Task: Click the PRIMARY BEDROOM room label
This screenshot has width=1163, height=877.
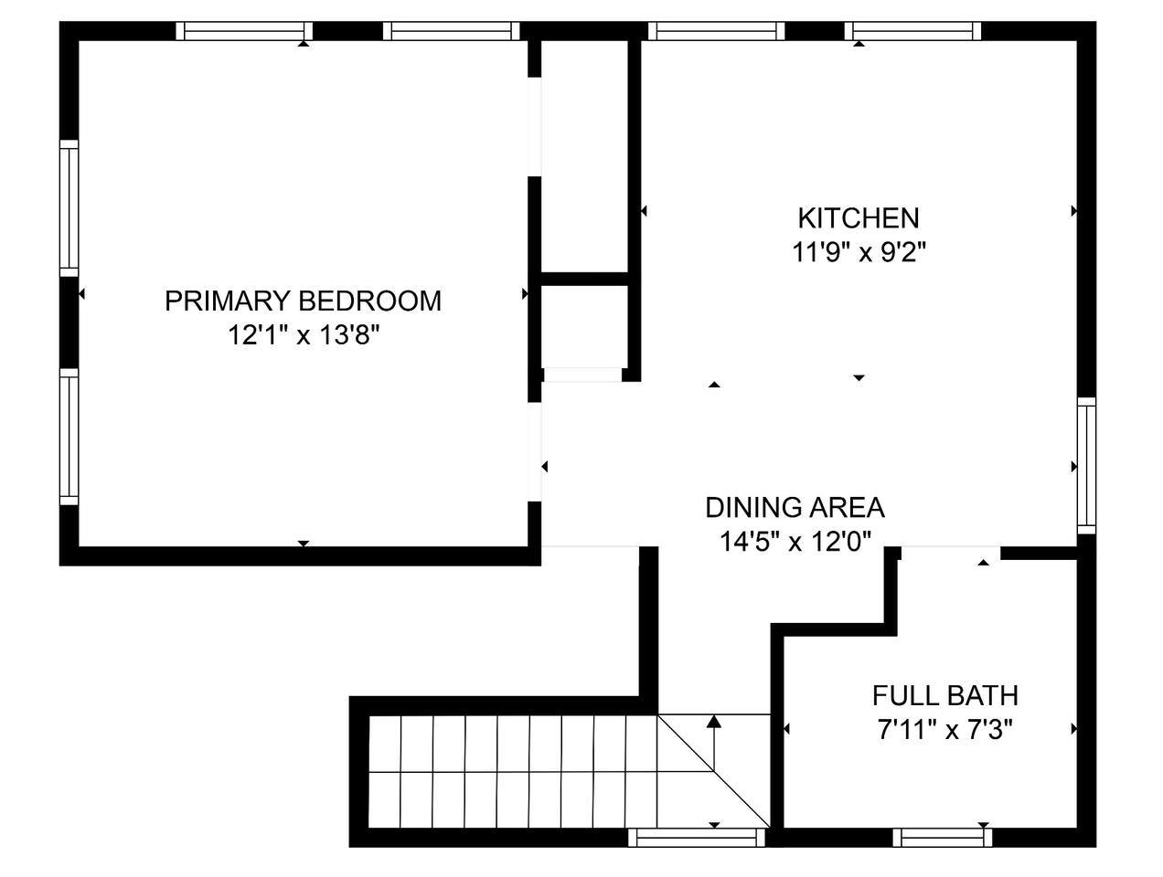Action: [303, 301]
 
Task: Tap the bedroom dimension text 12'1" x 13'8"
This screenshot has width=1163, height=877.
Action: [304, 335]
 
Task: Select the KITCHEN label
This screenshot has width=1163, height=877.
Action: [858, 218]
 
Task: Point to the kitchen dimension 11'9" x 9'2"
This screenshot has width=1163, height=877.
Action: [859, 252]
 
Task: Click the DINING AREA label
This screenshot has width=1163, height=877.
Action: [795, 507]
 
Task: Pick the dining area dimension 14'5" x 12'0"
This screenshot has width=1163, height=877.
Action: [795, 542]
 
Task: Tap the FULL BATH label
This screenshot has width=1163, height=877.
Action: [945, 695]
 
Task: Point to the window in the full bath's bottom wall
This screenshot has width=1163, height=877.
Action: [942, 838]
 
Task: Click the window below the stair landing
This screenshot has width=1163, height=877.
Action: [696, 838]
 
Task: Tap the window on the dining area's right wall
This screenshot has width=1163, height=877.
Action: [1086, 466]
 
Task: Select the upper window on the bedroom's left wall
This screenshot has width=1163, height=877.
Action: [69, 208]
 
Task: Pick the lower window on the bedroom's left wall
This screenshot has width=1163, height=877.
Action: [69, 437]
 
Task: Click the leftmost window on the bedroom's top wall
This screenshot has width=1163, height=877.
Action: [244, 31]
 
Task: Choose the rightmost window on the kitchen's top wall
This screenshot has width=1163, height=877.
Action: [912, 31]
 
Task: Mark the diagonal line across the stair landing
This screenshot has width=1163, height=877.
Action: [714, 771]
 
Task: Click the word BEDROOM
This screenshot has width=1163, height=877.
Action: [369, 301]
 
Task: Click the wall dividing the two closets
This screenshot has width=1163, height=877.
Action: [584, 279]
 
